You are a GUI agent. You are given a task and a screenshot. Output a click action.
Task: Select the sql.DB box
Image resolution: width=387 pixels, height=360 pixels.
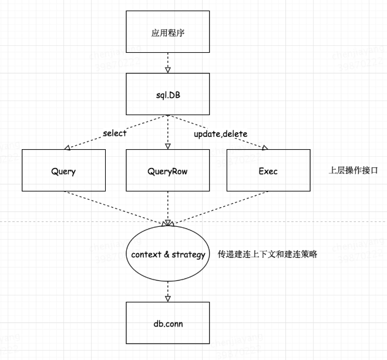(x=168, y=94)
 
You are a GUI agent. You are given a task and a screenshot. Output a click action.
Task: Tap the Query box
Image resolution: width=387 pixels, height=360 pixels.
(x=63, y=170)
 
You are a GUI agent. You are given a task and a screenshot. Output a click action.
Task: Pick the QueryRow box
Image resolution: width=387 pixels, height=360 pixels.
(x=168, y=170)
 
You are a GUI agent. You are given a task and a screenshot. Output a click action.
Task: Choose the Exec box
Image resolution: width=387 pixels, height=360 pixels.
(x=268, y=170)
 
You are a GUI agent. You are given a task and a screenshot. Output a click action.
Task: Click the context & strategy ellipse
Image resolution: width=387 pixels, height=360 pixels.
(x=168, y=255)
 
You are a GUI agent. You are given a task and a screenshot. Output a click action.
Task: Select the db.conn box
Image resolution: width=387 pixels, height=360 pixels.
(x=168, y=322)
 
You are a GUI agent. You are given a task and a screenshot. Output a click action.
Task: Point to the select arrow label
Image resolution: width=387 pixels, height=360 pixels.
(x=114, y=133)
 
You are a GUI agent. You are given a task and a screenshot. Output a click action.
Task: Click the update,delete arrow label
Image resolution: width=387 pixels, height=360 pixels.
(x=220, y=134)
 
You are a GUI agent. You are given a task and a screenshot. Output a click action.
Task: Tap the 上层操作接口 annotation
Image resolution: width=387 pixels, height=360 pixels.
(x=351, y=170)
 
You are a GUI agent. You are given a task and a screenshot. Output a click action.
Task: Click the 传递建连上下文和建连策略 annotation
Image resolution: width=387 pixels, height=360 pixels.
(x=268, y=255)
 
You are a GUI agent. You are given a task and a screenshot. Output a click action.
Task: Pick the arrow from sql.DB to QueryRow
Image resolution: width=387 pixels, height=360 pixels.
(x=168, y=132)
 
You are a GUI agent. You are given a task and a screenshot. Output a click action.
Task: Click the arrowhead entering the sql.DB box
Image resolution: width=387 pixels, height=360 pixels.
(x=168, y=70)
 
